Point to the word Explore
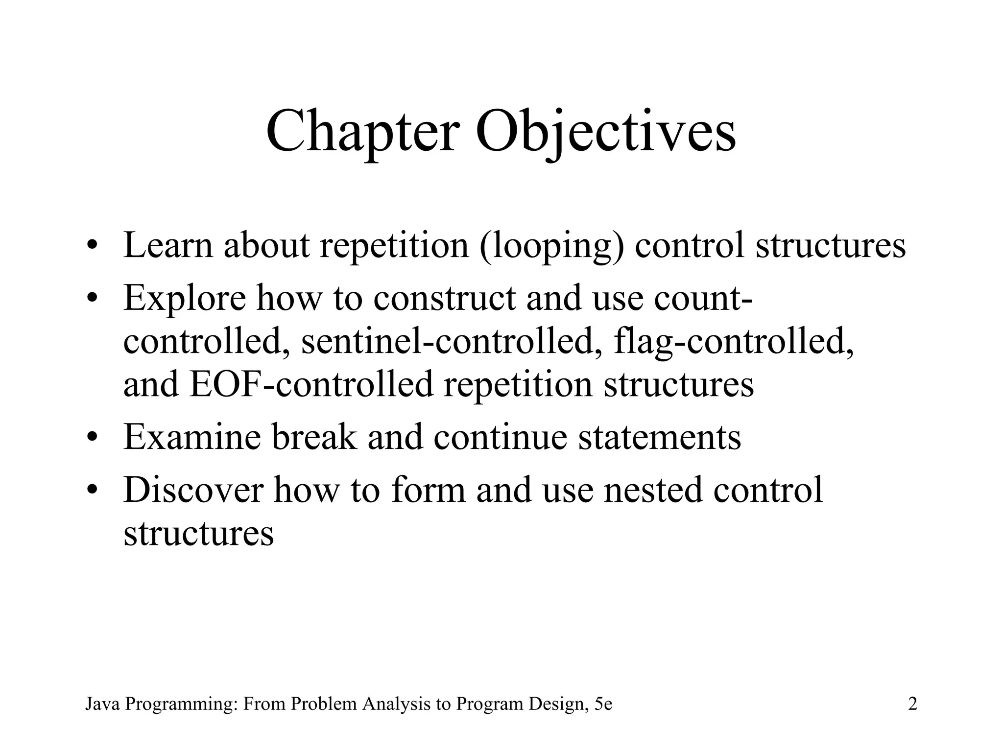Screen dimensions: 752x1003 point(185,299)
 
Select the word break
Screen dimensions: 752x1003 point(314,437)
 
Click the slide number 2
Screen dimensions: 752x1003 point(912,704)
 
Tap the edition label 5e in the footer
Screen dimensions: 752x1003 point(603,704)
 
